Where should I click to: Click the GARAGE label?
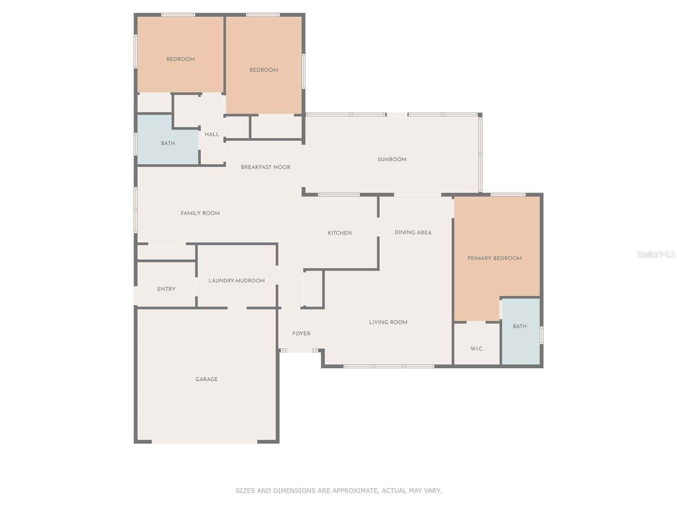point(206,379)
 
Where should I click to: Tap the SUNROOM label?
point(392,159)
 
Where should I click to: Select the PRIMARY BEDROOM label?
point(494,258)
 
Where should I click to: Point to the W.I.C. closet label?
point(477,348)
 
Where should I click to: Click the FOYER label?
point(301,334)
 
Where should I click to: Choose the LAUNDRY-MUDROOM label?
point(237,280)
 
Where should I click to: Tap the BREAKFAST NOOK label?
point(266,167)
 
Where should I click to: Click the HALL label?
point(212,134)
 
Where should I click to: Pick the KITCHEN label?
point(340,233)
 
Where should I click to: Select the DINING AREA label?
point(413,232)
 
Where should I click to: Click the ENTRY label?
point(166,289)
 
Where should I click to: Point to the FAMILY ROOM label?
point(200,213)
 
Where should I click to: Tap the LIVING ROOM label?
point(388,322)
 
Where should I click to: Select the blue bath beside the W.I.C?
point(521,331)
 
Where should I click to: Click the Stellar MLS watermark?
point(656,254)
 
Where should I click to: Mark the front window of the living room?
point(389,366)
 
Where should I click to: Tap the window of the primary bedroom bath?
point(542,335)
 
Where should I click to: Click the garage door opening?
point(204,442)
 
